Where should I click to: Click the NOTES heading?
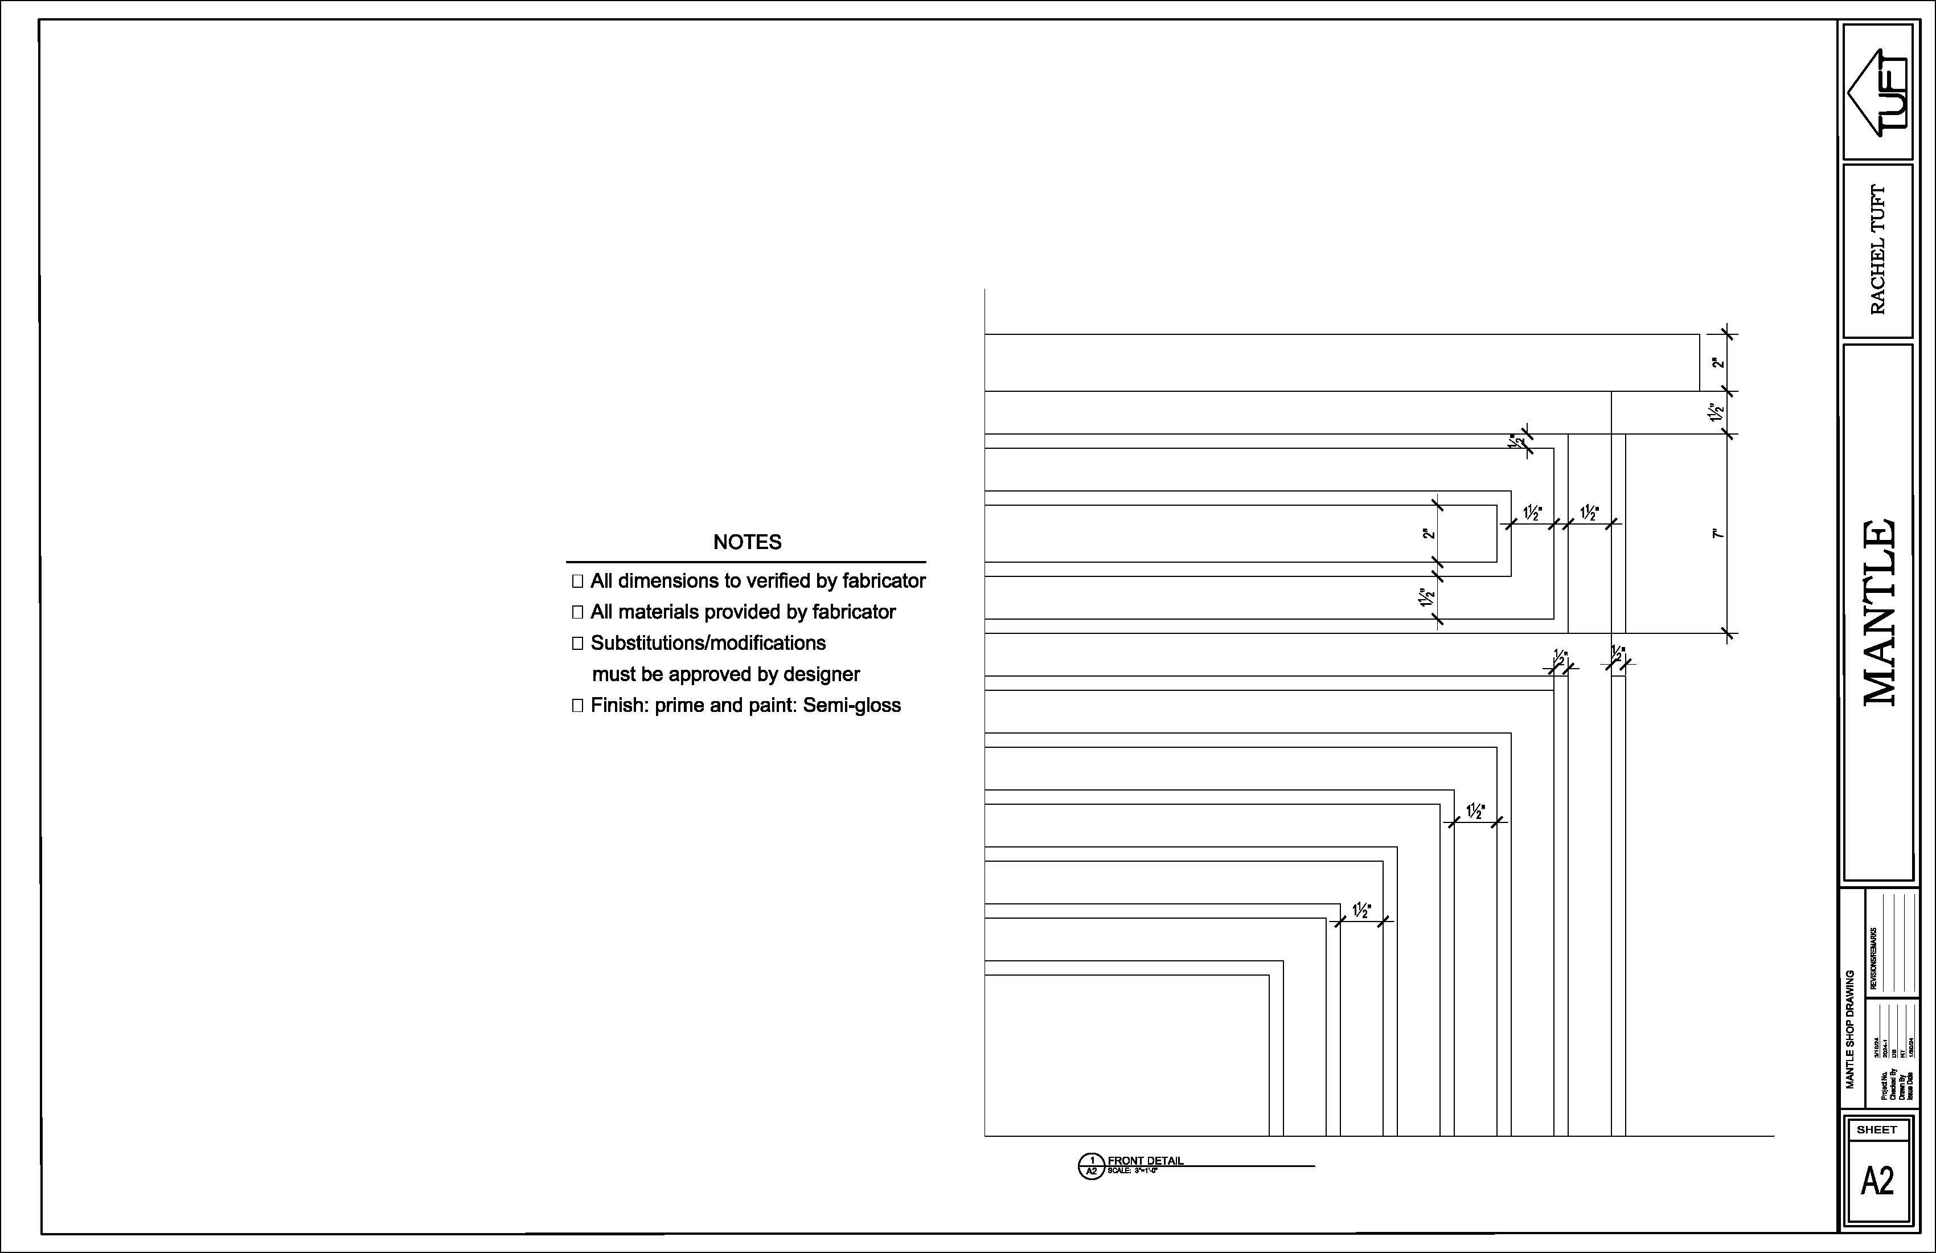tap(746, 542)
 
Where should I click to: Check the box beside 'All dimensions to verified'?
tap(577, 581)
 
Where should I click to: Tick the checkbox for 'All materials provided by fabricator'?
tap(577, 612)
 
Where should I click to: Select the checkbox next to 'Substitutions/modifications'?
tap(577, 643)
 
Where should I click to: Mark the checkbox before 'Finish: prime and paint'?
tap(577, 706)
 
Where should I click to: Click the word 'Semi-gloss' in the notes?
tap(852, 706)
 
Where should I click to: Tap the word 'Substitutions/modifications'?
tap(708, 643)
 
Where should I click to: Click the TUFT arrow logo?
tap(1877, 92)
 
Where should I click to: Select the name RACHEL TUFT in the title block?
tap(1877, 251)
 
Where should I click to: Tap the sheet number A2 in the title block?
tap(1877, 1181)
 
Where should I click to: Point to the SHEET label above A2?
tap(1877, 1130)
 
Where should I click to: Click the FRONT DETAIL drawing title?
tap(1145, 1160)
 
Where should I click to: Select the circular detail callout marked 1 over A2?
tap(1091, 1166)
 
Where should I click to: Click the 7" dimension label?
tap(1716, 534)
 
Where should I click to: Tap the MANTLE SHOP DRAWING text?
tap(1850, 1029)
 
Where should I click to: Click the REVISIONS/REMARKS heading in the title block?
tap(1873, 959)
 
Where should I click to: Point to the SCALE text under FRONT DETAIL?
tap(1131, 1171)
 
